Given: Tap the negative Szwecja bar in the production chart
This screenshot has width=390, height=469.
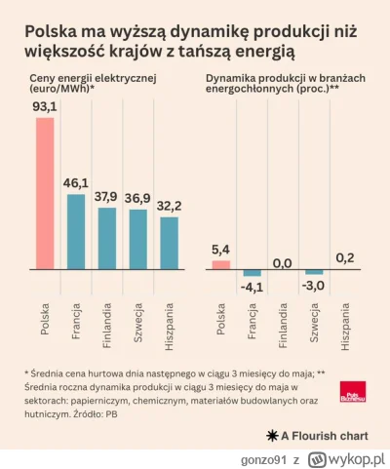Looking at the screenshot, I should [313, 272].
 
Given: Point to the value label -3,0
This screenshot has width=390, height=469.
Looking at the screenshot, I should [313, 285].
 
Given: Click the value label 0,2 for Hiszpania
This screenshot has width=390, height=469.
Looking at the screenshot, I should [343, 257].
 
